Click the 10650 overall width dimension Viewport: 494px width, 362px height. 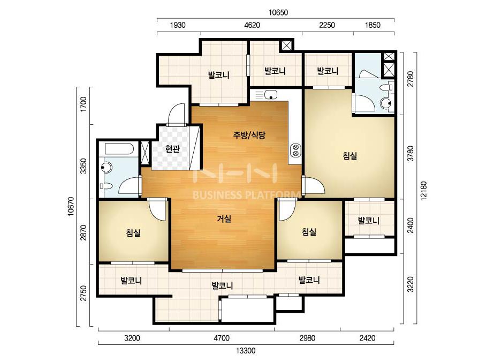[278, 13]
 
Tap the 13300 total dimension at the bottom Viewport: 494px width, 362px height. [246, 350]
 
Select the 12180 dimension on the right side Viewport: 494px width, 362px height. [423, 191]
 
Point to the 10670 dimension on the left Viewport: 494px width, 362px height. [71, 207]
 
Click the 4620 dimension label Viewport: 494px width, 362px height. [252, 25]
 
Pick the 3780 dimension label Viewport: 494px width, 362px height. [410, 153]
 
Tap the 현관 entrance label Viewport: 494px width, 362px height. [172, 148]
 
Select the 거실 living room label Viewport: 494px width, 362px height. [224, 218]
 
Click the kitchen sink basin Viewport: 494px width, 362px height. [271, 94]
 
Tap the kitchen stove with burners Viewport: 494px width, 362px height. [295, 150]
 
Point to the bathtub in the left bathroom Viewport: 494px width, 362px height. [119, 149]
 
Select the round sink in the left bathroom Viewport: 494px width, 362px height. [106, 167]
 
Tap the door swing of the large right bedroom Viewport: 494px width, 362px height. [313, 185]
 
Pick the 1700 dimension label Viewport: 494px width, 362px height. [83, 104]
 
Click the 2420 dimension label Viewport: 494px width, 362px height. [367, 338]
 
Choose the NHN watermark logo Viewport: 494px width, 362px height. [235, 173]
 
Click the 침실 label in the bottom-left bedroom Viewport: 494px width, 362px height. [133, 233]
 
